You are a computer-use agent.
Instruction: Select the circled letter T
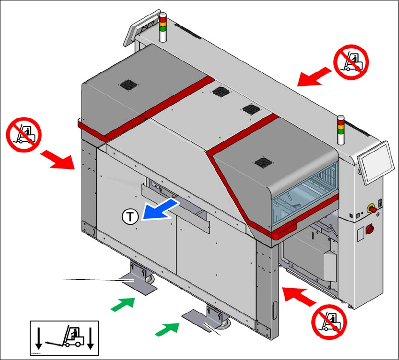130,216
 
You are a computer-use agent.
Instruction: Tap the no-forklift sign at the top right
351,61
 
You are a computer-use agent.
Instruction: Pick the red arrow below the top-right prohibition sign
314,77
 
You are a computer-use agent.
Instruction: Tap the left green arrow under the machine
123,304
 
